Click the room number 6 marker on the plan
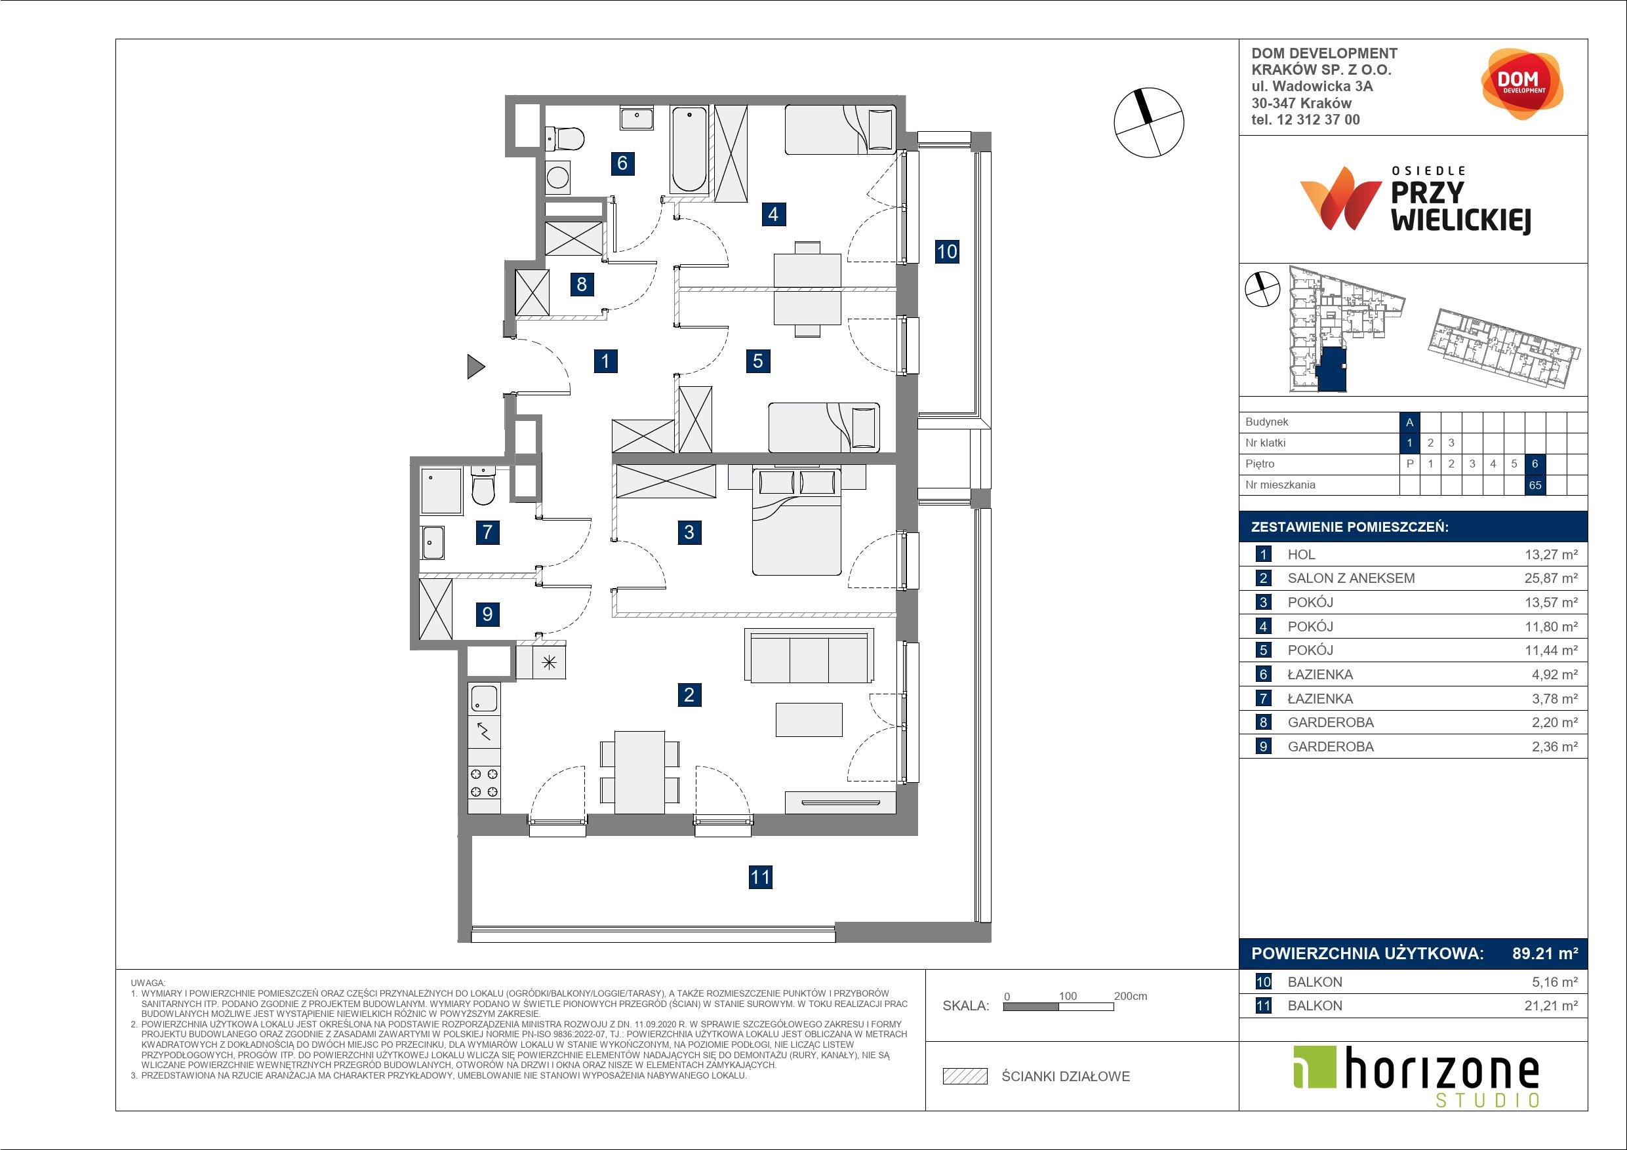pos(622,163)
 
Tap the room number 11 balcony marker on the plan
pos(760,877)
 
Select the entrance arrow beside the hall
pos(475,367)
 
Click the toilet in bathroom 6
pos(564,138)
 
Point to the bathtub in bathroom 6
pos(689,149)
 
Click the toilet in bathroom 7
pos(483,485)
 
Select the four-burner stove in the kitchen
pos(484,783)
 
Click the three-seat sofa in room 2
pos(809,656)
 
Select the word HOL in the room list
pos(1302,555)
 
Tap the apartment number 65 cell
pos(1535,485)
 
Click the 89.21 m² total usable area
pos(1545,954)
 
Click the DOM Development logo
pos(1521,85)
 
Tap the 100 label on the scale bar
pos(1068,995)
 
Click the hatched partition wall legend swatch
pos(965,1077)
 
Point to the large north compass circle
pos(1149,123)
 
